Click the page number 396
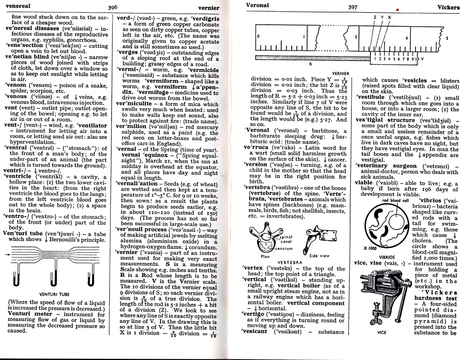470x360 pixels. pyautogui.click(x=113, y=7)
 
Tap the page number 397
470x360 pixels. pyautogui.click(x=353, y=7)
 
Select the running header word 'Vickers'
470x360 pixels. pyautogui.click(x=448, y=7)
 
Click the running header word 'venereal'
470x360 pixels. pyautogui.click(x=18, y=6)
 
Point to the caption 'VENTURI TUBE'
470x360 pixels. pyautogui.click(x=54, y=294)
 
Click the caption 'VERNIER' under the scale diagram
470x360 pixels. pyautogui.click(x=341, y=74)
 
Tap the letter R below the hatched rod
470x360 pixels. pyautogui.click(x=311, y=64)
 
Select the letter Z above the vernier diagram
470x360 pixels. pyautogui.click(x=375, y=17)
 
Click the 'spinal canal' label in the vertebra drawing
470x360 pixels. pyautogui.click(x=286, y=239)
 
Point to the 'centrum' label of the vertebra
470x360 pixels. pyautogui.click(x=284, y=249)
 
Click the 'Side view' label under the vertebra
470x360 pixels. pyautogui.click(x=319, y=256)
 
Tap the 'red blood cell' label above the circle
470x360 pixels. pyautogui.click(x=395, y=201)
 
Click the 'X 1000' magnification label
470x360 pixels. pyautogui.click(x=370, y=248)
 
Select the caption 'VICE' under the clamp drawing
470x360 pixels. pyautogui.click(x=382, y=333)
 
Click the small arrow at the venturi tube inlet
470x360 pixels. pyautogui.click(x=7, y=255)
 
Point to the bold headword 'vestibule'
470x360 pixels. pyautogui.click(x=370, y=97)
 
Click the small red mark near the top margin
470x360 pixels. pyautogui.click(x=397, y=9)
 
